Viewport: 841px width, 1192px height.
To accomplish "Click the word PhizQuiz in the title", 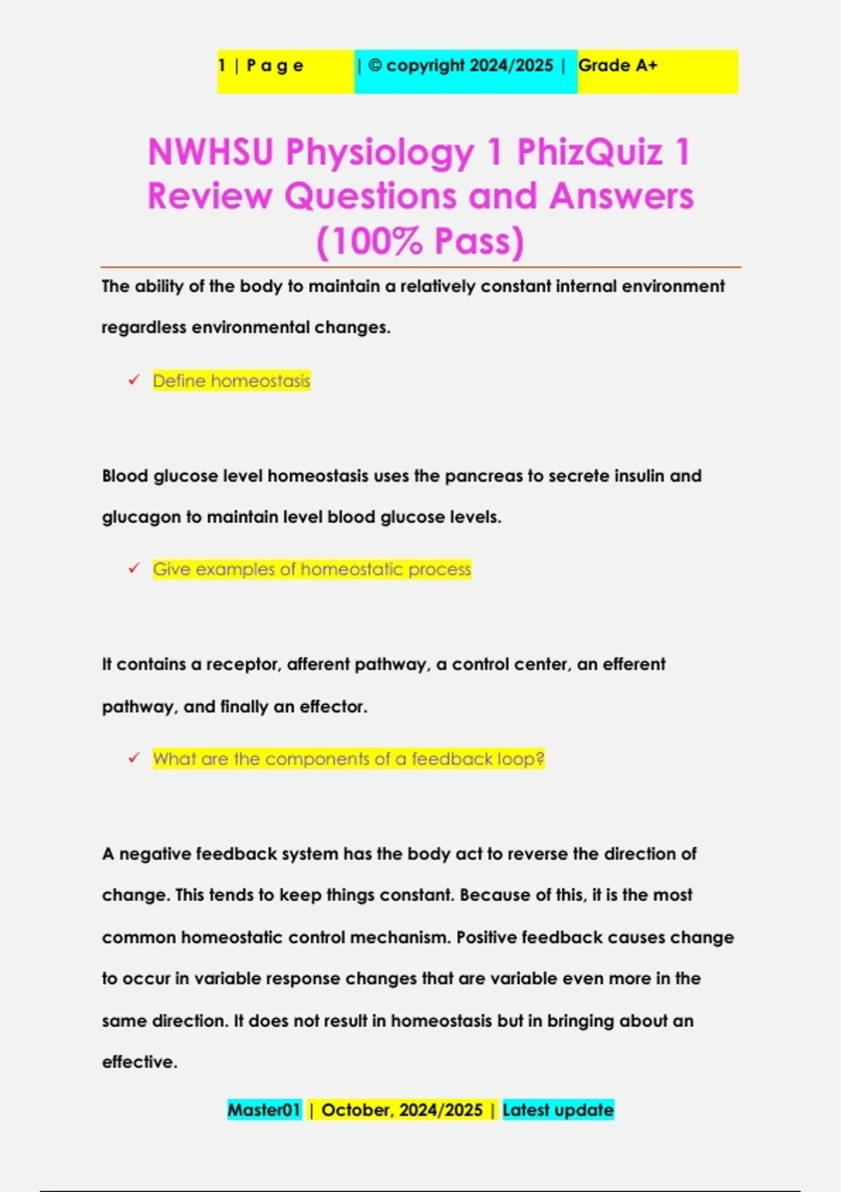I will (590, 152).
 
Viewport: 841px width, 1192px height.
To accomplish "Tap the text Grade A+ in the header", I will (617, 66).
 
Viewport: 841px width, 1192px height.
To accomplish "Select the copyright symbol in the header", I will (375, 65).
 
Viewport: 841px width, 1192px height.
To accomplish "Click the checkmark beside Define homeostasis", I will (134, 380).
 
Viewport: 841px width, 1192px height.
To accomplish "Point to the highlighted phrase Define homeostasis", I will (231, 381).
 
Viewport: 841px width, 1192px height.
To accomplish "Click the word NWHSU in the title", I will (210, 152).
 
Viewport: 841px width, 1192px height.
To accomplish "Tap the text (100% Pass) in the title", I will (420, 241).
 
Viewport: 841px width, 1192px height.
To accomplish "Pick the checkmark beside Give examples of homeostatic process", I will (134, 569).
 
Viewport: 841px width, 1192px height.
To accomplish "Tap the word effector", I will (333, 707).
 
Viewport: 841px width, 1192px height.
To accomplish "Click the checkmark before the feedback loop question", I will (134, 758).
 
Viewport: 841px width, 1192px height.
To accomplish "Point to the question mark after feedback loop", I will (540, 759).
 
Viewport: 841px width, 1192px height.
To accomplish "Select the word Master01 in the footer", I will (264, 1110).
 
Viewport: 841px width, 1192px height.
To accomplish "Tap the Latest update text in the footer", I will (558, 1110).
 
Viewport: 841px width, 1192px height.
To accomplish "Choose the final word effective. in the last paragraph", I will (139, 1062).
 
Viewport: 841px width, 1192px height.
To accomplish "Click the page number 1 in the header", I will (222, 66).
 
